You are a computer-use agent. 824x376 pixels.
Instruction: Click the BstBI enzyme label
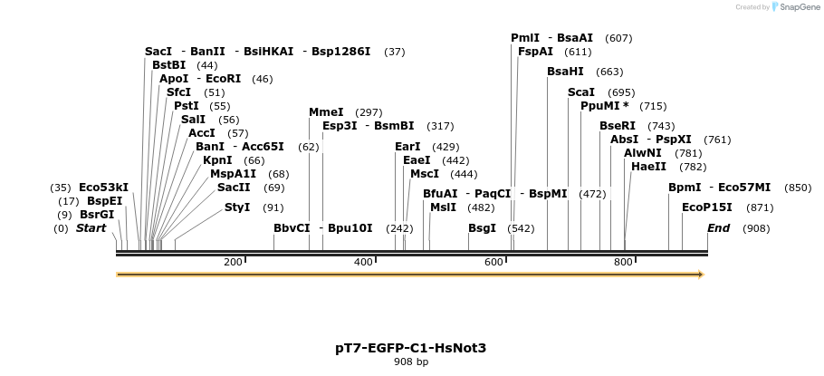point(168,65)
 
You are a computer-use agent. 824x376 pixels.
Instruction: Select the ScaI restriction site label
point(581,92)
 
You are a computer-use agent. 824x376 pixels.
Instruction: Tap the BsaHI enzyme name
point(565,72)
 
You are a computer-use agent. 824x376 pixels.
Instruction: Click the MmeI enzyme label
point(326,112)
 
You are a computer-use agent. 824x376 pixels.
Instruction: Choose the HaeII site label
point(649,167)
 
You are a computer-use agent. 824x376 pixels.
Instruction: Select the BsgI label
point(482,228)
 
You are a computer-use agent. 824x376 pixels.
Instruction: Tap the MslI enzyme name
point(443,207)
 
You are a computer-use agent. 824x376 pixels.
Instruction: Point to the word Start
point(91,228)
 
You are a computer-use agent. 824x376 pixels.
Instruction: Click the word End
point(718,228)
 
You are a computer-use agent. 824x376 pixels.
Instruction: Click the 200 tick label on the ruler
point(233,262)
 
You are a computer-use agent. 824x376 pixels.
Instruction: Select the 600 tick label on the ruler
point(493,262)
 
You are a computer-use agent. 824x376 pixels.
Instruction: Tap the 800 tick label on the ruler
point(624,262)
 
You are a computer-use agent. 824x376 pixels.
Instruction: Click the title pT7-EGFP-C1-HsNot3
point(411,348)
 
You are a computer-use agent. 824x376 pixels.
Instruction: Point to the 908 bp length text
point(411,362)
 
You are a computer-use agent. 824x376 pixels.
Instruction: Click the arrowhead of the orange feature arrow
point(702,275)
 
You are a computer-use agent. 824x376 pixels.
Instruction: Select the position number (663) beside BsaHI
point(609,72)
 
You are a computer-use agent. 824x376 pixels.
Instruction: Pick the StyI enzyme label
point(237,207)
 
